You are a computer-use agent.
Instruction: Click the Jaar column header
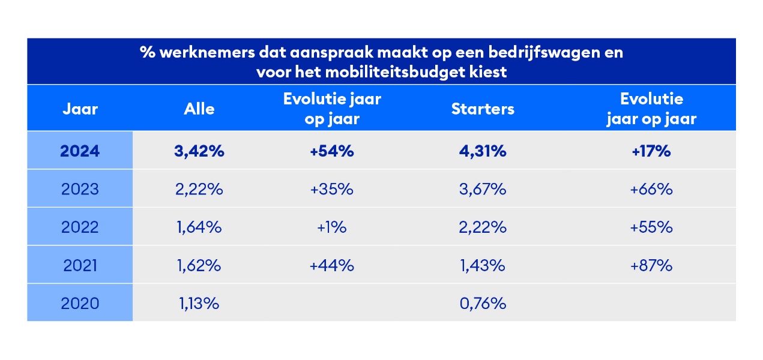point(80,109)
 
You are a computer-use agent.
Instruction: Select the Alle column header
point(199,109)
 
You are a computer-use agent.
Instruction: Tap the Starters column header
point(483,109)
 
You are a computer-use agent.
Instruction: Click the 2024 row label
point(80,151)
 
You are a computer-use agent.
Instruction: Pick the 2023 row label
point(80,190)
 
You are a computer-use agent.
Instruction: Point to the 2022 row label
point(80,228)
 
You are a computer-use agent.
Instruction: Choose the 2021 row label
point(80,266)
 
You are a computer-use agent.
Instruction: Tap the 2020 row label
point(80,304)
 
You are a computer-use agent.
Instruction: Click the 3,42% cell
point(199,151)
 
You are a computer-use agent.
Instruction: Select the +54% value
point(332,151)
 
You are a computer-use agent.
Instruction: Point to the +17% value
point(651,151)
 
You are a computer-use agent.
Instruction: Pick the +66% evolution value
point(651,190)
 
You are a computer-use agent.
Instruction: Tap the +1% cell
point(332,228)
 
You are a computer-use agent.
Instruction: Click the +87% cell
point(651,266)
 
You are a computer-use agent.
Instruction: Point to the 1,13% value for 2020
point(199,304)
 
